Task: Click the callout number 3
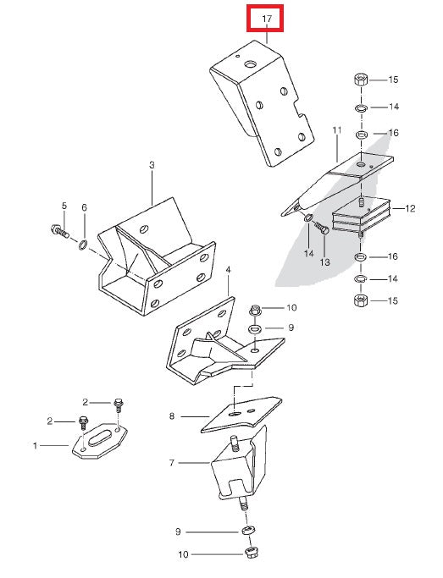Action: [x=152, y=166]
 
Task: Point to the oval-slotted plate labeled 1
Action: [x=99, y=441]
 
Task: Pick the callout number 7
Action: [x=171, y=463]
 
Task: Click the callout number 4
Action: [x=228, y=270]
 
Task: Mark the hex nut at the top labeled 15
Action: [x=359, y=81]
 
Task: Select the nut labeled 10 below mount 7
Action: [x=250, y=553]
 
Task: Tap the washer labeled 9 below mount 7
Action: [x=245, y=531]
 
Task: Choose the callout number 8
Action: [x=171, y=416]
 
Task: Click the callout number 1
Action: [x=35, y=444]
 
